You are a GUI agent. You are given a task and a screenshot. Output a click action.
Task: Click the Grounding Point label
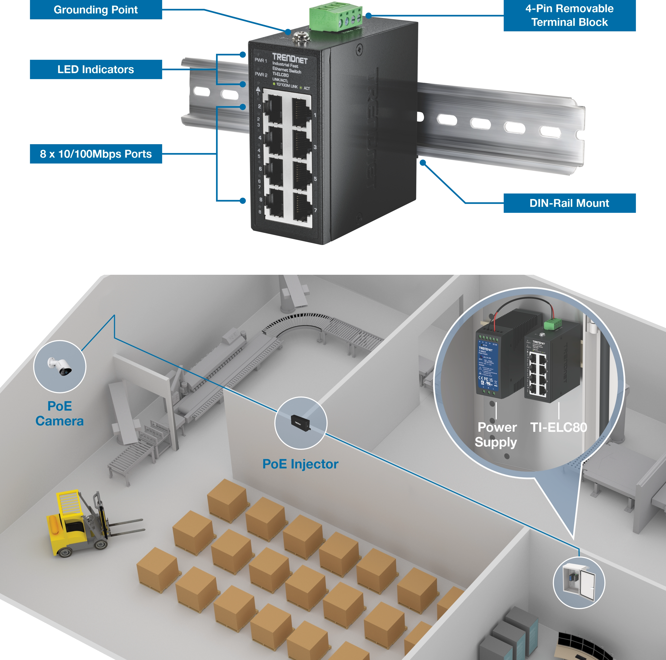click(96, 10)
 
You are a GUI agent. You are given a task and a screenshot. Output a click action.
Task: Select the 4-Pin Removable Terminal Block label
click(569, 15)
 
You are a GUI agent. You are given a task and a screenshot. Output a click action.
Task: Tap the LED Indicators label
click(96, 70)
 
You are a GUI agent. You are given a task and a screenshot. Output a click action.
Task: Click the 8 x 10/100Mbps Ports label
click(96, 154)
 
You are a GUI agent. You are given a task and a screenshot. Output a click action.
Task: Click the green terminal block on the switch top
click(335, 15)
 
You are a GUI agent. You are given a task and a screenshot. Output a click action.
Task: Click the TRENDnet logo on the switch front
click(290, 59)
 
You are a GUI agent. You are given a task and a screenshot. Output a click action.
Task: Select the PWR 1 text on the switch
click(261, 61)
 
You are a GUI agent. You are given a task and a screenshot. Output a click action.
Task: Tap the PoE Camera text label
click(60, 413)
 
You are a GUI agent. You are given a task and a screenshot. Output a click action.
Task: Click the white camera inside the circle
click(60, 366)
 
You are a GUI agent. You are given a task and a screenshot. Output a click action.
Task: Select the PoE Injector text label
click(300, 464)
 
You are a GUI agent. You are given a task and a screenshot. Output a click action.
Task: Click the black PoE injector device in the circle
click(300, 422)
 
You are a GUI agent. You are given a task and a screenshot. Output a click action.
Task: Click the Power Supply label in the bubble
click(496, 435)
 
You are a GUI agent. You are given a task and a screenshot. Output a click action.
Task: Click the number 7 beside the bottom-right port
click(315, 210)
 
